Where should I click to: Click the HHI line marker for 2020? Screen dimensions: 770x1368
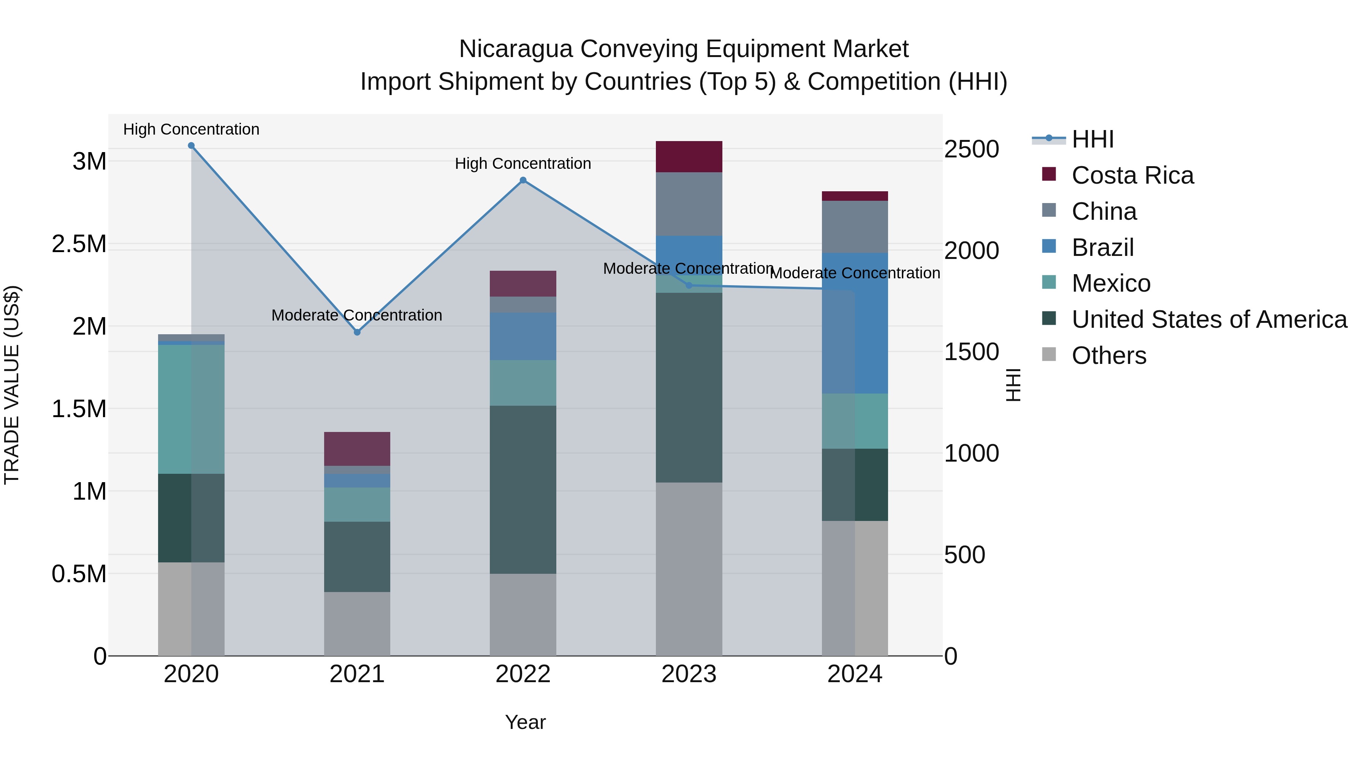(x=191, y=146)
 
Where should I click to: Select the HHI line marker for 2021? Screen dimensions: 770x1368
(x=357, y=332)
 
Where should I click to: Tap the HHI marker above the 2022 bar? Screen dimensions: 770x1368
(x=523, y=180)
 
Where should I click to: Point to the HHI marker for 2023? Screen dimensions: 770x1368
(x=689, y=285)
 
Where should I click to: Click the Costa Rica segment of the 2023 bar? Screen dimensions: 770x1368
(x=689, y=157)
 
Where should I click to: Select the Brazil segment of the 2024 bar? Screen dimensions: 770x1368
(x=855, y=323)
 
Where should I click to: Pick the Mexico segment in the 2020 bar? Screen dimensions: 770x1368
(x=191, y=409)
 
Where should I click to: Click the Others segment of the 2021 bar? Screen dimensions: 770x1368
(x=357, y=624)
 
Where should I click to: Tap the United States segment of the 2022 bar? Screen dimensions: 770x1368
(x=523, y=489)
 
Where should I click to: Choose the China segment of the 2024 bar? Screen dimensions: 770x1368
(x=855, y=227)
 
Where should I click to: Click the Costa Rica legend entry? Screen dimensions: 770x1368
(x=1132, y=175)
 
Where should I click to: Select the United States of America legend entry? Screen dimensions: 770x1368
(x=1209, y=319)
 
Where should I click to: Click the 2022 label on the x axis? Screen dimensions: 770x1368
(x=523, y=674)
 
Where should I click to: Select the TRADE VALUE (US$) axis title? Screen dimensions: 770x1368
(x=12, y=385)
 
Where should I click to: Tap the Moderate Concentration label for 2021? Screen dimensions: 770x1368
(x=357, y=315)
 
